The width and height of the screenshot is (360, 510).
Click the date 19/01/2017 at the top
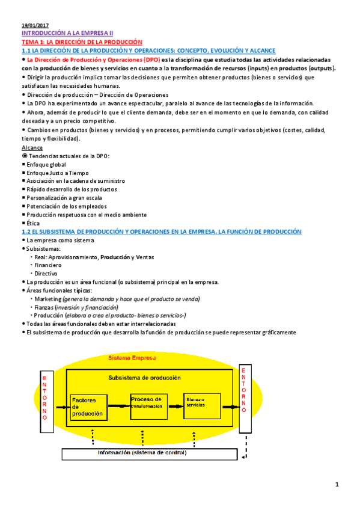pos(35,26)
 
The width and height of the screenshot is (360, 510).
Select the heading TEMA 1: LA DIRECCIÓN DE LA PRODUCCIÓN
pos(81,43)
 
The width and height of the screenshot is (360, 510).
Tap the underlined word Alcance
pos(32,147)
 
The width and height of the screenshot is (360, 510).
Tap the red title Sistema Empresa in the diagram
pos(132,358)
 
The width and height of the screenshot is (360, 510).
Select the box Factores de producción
pos(87,407)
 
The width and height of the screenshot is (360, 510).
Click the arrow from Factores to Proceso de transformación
pos(118,407)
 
